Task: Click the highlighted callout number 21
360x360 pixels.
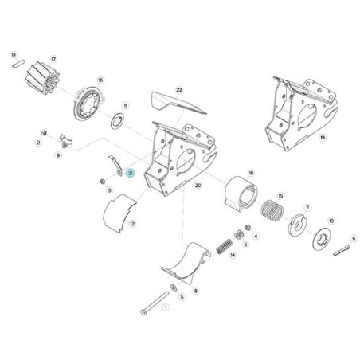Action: pos(131,174)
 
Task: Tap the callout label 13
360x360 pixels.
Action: pos(14,55)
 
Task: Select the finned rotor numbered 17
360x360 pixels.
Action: pos(41,76)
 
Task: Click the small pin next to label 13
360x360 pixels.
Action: pos(18,65)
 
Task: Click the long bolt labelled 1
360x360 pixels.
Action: pos(155,303)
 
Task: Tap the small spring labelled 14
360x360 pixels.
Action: pos(225,246)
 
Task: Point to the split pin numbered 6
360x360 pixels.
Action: pos(341,250)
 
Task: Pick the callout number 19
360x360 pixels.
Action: pos(323,138)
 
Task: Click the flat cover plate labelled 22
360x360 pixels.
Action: pos(178,104)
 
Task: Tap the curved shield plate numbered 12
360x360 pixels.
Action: pos(119,214)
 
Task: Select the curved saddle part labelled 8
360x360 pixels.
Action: pos(186,263)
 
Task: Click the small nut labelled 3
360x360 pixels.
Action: pos(103,182)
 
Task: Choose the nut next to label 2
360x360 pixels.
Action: pos(45,133)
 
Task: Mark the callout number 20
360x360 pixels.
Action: pos(198,185)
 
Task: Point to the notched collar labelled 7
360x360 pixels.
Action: pos(298,225)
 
